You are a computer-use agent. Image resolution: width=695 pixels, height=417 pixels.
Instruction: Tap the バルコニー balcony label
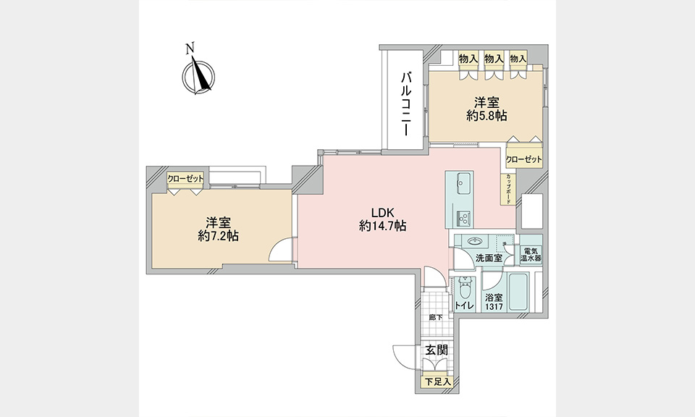click(x=406, y=104)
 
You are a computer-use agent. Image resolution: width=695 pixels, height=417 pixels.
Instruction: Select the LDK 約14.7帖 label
click(x=382, y=219)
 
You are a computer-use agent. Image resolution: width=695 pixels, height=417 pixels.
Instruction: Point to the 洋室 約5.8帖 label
click(x=486, y=109)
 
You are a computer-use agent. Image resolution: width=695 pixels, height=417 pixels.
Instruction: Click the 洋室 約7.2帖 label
click(x=218, y=229)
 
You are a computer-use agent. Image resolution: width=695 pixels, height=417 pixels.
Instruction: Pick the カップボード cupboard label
click(x=508, y=189)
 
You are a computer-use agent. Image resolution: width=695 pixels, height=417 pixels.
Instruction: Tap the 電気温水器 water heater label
click(x=531, y=254)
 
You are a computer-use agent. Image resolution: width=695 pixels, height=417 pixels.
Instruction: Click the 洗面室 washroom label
click(x=489, y=258)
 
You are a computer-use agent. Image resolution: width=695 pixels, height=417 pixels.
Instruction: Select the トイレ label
click(x=464, y=306)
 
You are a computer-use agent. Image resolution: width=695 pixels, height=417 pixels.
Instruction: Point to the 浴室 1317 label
click(x=494, y=302)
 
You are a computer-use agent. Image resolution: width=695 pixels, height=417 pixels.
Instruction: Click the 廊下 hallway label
click(x=436, y=317)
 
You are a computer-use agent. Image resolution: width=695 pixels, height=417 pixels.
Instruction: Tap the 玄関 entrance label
click(x=437, y=350)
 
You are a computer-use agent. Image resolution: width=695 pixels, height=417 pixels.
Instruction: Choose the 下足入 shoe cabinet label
click(x=438, y=382)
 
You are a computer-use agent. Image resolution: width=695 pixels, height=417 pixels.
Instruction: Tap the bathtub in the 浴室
click(x=518, y=292)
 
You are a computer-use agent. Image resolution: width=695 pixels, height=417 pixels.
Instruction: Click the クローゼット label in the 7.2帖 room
click(x=186, y=179)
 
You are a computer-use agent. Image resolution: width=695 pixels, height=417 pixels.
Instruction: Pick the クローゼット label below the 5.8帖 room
click(x=524, y=159)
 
